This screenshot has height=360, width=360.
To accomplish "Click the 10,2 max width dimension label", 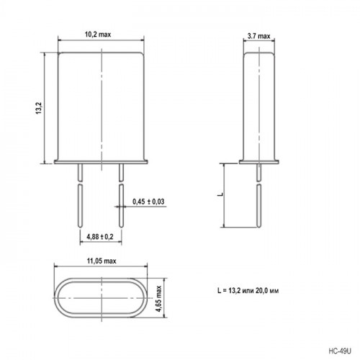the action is click(x=98, y=35).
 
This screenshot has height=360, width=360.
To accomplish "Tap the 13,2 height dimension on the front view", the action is click(x=39, y=108).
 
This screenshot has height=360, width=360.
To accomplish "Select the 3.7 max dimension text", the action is click(x=259, y=36).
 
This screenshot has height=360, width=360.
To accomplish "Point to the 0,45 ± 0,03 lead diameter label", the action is click(x=148, y=202).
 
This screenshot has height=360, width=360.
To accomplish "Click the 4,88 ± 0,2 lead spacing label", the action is click(x=100, y=237).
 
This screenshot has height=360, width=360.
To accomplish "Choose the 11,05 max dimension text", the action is click(x=102, y=261).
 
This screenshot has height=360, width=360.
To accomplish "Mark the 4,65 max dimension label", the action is click(x=158, y=299).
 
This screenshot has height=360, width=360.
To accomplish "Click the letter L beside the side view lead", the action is click(x=220, y=194).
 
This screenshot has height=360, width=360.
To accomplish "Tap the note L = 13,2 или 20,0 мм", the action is click(x=248, y=291).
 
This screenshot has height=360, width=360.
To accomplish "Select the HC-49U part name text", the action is click(x=340, y=351).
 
